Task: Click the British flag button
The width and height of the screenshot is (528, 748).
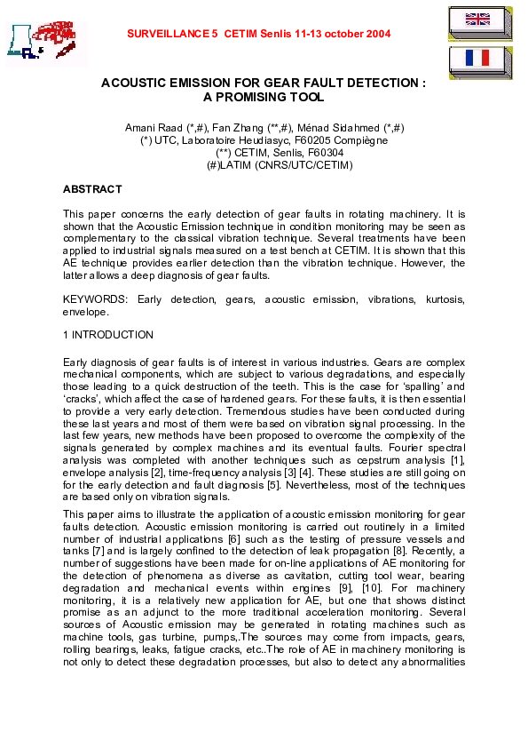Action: (477, 22)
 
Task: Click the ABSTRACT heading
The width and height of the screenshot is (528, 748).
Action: (92, 189)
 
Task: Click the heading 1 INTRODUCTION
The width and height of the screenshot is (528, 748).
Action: (107, 335)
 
